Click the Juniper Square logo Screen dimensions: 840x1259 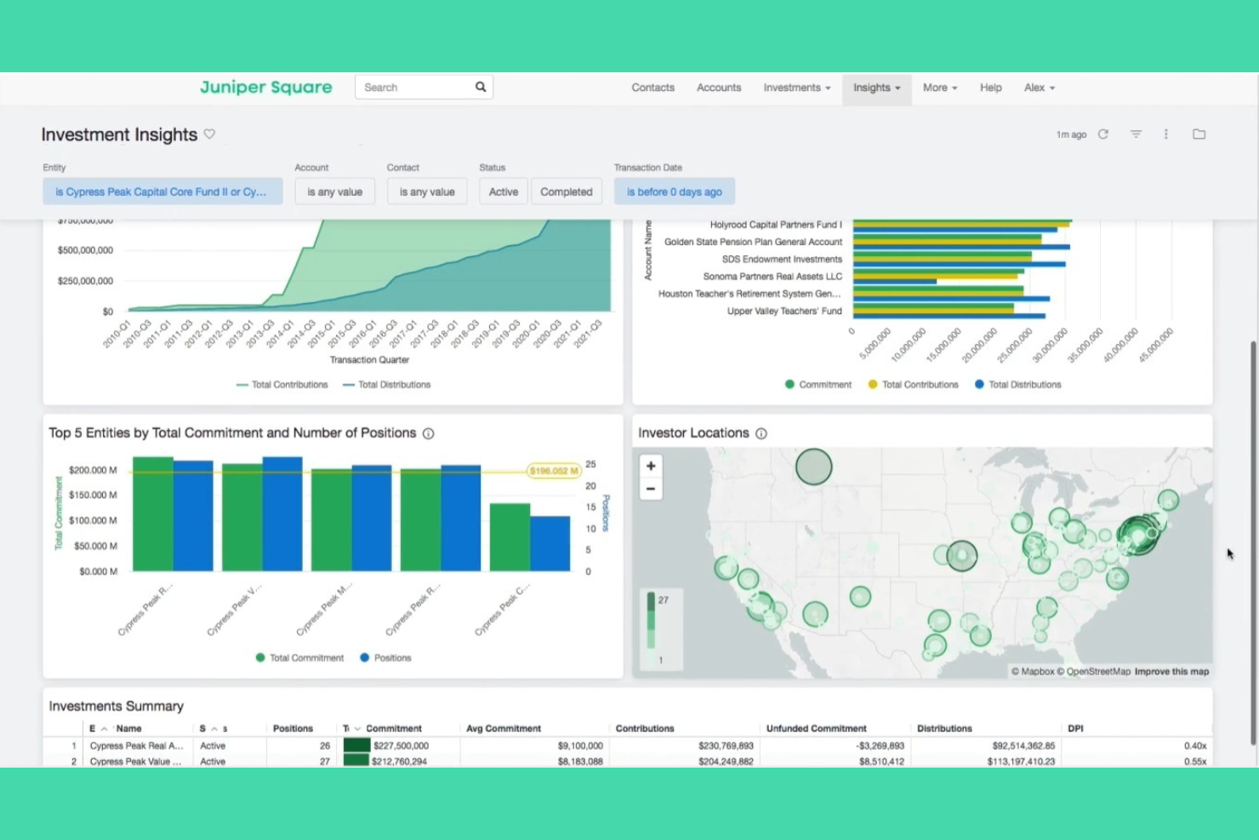point(265,87)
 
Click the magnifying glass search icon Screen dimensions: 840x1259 point(481,87)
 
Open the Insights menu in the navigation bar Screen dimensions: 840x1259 point(876,88)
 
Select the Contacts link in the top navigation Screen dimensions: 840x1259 point(652,88)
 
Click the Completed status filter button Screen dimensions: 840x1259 point(566,191)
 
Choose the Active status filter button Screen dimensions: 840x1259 point(503,191)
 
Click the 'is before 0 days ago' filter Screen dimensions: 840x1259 point(674,191)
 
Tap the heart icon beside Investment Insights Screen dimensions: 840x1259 point(209,134)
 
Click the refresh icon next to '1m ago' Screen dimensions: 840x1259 point(1103,134)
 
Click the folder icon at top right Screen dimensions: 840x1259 point(1199,134)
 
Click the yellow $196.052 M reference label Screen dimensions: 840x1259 point(554,471)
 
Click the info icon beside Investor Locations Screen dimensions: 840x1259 point(761,433)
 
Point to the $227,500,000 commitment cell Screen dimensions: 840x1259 point(401,746)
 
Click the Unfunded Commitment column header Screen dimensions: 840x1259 point(816,729)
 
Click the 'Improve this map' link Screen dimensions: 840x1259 point(1171,671)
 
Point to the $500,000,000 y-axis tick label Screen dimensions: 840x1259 point(85,250)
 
